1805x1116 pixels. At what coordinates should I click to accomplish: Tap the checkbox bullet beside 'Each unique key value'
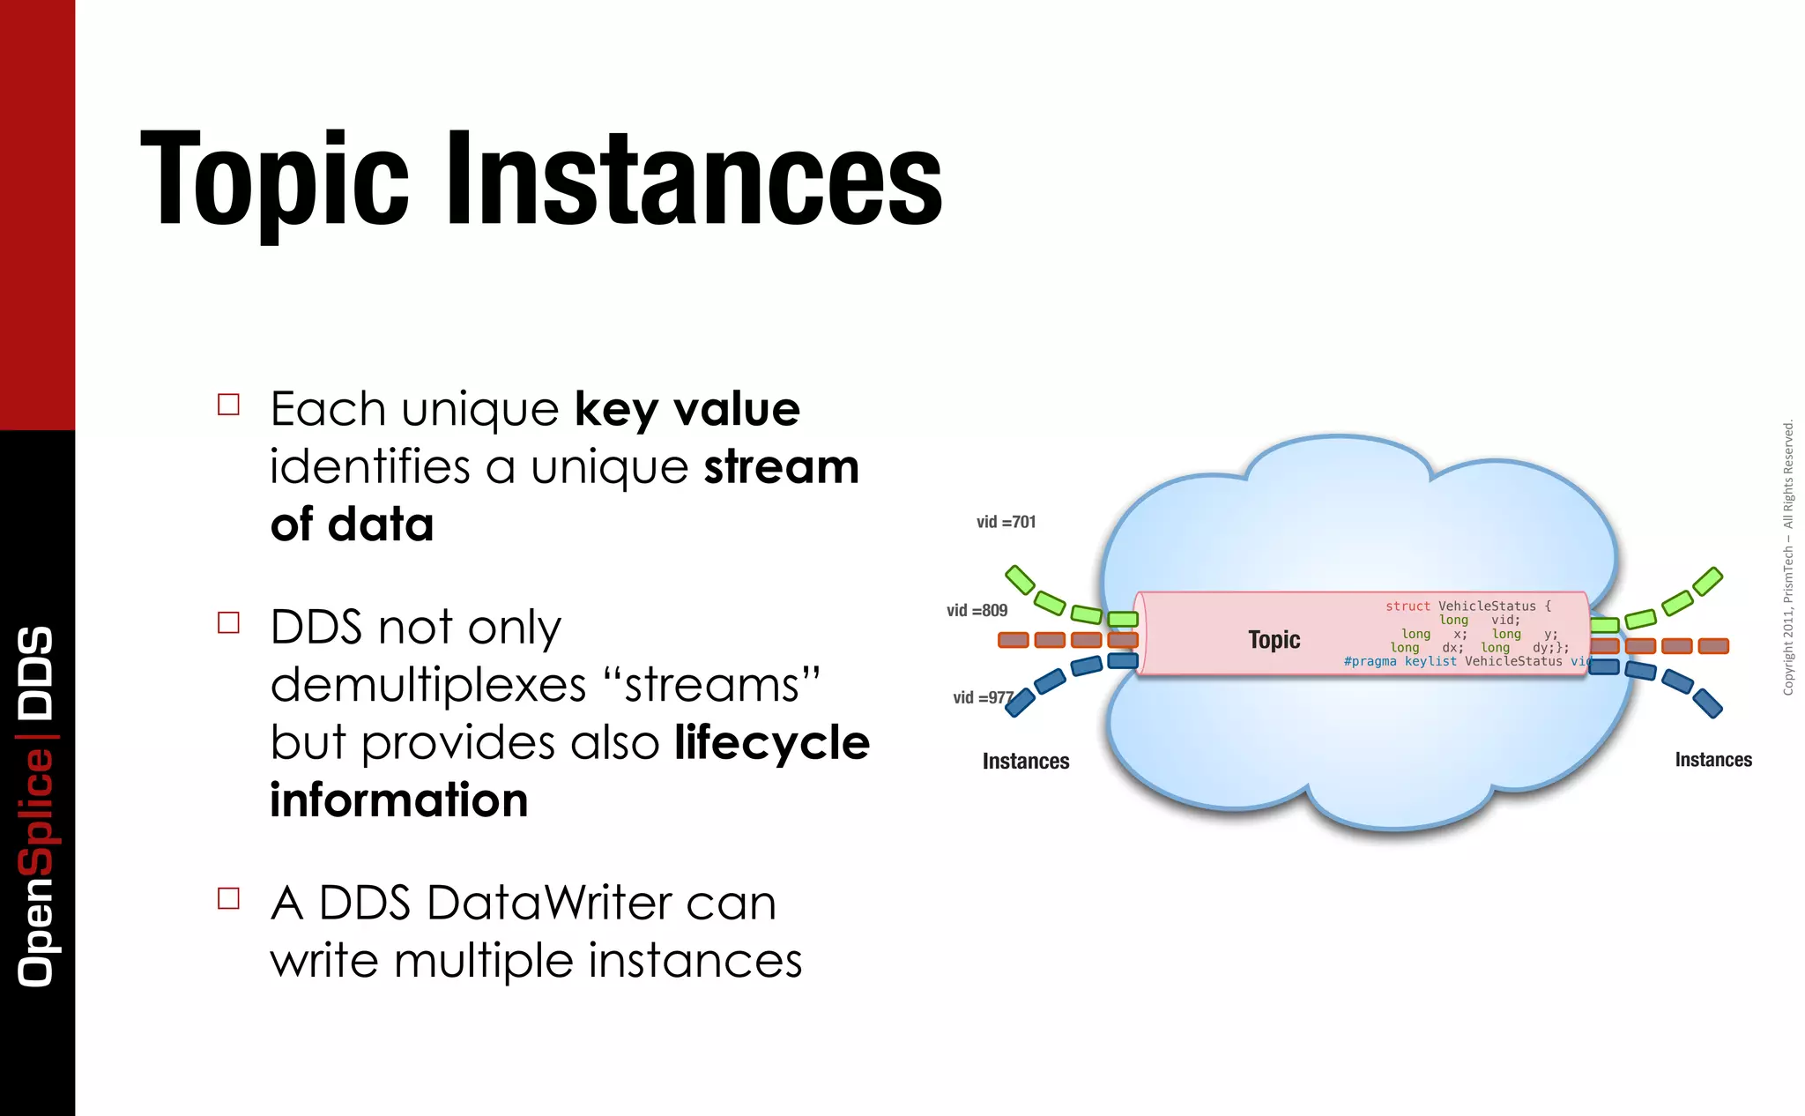[x=228, y=405]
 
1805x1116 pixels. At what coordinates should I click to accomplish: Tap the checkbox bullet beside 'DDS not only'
[x=228, y=623]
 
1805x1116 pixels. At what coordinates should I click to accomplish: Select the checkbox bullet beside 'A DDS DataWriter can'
[x=228, y=898]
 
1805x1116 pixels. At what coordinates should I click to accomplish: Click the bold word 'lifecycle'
[x=772, y=743]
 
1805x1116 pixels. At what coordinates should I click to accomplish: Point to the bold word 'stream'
[x=781, y=467]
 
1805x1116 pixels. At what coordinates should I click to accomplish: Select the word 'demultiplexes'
[x=428, y=686]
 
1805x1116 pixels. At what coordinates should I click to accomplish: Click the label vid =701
[x=1006, y=522]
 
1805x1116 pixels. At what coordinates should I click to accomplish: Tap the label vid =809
[x=977, y=610]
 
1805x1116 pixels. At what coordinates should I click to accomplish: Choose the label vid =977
[x=983, y=697]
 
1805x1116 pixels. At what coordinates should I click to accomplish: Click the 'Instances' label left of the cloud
[x=1026, y=761]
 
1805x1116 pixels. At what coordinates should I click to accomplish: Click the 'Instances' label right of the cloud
[x=1712, y=760]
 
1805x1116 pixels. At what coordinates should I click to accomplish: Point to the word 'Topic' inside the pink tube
[x=1274, y=639]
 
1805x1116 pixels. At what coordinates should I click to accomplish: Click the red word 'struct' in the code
[x=1408, y=606]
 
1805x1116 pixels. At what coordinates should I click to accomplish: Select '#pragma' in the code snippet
[x=1370, y=661]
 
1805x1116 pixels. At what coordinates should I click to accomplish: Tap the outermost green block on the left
[x=1020, y=579]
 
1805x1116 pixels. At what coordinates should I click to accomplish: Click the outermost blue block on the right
[x=1707, y=703]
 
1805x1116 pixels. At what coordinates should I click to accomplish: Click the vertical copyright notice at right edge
[x=1787, y=557]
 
